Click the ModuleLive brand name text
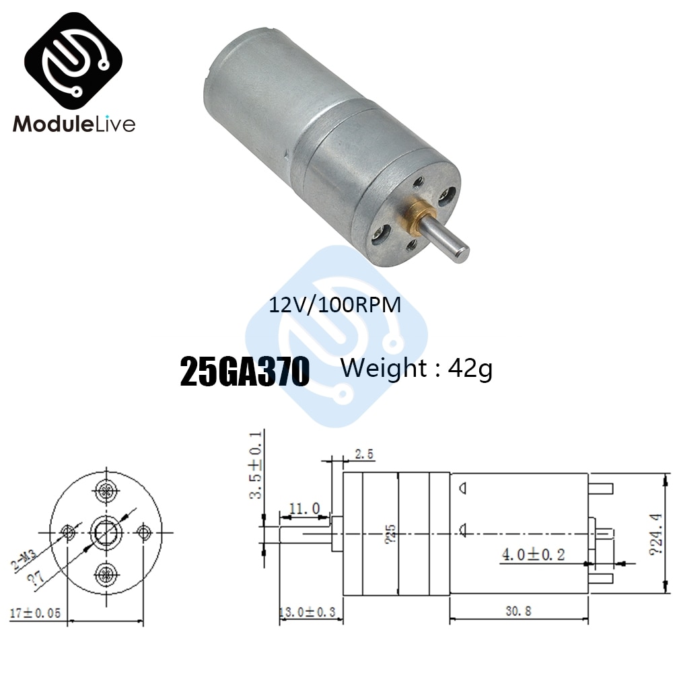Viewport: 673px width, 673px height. click(x=74, y=124)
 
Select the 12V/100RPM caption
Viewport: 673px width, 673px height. click(x=334, y=305)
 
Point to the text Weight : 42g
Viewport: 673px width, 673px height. click(x=417, y=369)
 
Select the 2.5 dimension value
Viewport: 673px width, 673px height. click(x=363, y=456)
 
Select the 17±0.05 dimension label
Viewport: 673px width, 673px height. click(x=37, y=612)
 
